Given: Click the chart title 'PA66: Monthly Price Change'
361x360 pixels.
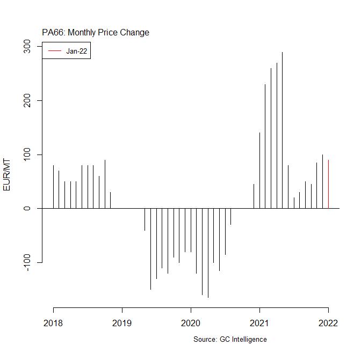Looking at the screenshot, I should (x=96, y=33).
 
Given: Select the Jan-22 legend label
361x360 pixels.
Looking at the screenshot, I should (x=77, y=51).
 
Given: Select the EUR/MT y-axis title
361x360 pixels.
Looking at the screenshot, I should (x=7, y=175).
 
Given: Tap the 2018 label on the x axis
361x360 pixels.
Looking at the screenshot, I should (x=53, y=323).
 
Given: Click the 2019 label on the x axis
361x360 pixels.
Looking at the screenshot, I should (x=122, y=323).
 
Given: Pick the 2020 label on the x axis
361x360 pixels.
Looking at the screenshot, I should (x=191, y=323).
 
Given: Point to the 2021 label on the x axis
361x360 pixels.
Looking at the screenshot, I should (x=259, y=323).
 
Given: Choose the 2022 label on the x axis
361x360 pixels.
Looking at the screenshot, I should (x=328, y=323).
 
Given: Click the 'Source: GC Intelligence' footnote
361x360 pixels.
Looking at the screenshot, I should (x=230, y=340).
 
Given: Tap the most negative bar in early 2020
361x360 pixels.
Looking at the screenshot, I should (x=208, y=252).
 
